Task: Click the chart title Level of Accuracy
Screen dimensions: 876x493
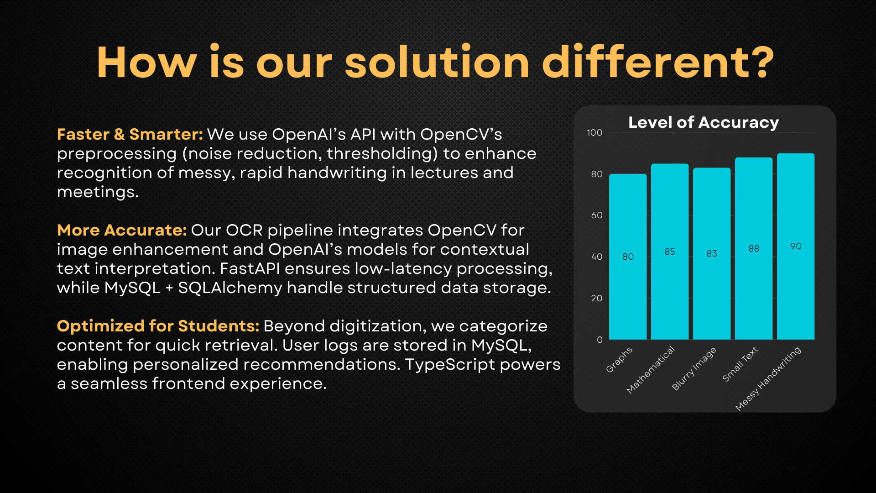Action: pyautogui.click(x=704, y=122)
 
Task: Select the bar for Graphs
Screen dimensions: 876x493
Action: pyautogui.click(x=628, y=257)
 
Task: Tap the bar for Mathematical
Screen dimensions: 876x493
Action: pyautogui.click(x=670, y=252)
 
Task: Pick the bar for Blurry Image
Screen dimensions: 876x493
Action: pyautogui.click(x=712, y=254)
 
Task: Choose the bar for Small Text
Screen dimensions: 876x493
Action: pyautogui.click(x=754, y=248)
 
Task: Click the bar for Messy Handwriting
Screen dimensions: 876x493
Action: pyautogui.click(x=796, y=246)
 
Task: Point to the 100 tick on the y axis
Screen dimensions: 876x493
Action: pyautogui.click(x=594, y=132)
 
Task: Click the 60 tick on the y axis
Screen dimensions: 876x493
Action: pyautogui.click(x=597, y=215)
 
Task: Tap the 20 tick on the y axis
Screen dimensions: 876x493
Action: pyautogui.click(x=597, y=298)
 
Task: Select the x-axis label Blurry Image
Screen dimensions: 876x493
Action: pyautogui.click(x=694, y=368)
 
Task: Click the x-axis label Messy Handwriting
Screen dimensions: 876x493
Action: pyautogui.click(x=768, y=378)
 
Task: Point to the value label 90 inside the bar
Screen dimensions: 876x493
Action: pyautogui.click(x=796, y=246)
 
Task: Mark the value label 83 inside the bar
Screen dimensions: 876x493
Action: pyautogui.click(x=712, y=253)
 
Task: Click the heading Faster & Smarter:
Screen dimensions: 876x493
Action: pyautogui.click(x=130, y=134)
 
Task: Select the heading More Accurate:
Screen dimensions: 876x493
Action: pyautogui.click(x=122, y=230)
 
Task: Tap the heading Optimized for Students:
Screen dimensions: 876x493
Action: pyautogui.click(x=158, y=326)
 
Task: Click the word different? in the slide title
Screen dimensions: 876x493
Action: pyautogui.click(x=658, y=62)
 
